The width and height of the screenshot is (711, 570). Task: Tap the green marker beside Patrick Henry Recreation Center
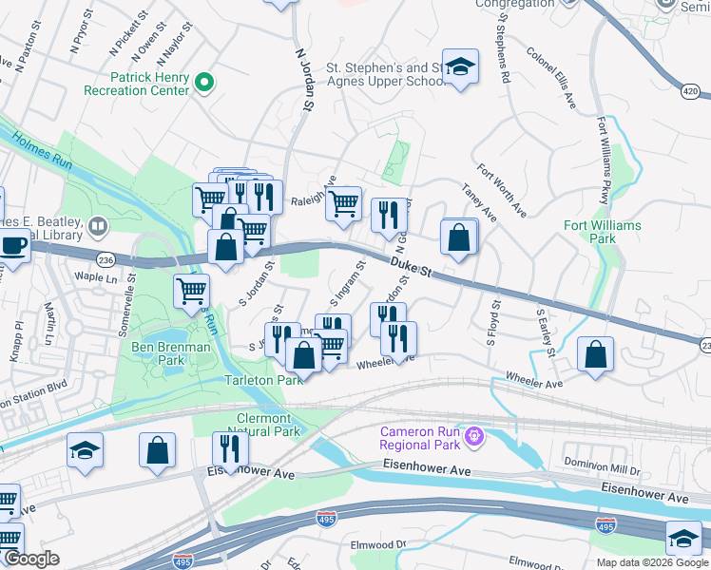coord(203,85)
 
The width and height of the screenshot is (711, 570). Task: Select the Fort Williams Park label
coord(603,232)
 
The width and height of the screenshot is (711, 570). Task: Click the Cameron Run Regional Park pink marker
coord(473,437)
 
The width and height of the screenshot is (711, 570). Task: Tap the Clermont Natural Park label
coord(268,425)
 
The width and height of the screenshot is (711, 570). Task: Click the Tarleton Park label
coord(263,380)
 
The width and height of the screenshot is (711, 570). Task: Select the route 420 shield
coord(692,91)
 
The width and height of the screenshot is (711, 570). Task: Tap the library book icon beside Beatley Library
coord(96,226)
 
